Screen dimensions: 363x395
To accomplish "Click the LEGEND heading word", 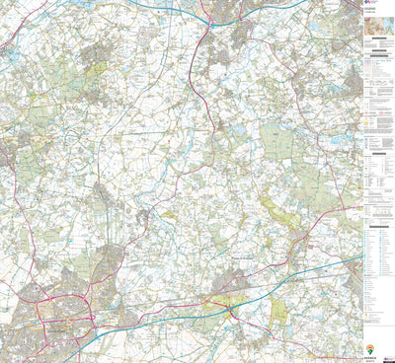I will tap(377, 14).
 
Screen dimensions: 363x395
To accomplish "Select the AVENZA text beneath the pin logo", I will tap(370, 357).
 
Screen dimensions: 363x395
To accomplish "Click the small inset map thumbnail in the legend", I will tap(377, 34).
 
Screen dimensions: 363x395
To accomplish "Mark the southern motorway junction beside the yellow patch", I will tap(231, 309).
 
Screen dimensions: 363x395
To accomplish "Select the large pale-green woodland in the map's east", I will tap(279, 146).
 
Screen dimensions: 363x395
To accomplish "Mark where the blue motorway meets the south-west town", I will tap(99, 328).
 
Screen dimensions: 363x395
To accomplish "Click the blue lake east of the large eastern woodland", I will tap(341, 141).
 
